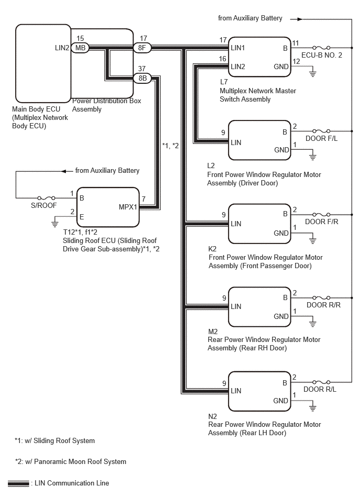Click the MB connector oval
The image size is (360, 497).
click(80, 48)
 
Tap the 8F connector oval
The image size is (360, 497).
click(142, 48)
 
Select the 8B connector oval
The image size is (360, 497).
click(142, 78)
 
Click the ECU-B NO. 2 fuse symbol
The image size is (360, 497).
click(321, 48)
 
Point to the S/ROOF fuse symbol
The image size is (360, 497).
click(47, 198)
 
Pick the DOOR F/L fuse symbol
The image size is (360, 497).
click(321, 131)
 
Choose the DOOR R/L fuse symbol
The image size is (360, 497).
click(321, 382)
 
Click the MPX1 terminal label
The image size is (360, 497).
click(128, 207)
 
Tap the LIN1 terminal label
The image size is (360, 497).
click(238, 48)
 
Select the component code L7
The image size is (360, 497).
click(223, 82)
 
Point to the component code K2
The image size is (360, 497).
click(212, 249)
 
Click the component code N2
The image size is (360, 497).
click(212, 416)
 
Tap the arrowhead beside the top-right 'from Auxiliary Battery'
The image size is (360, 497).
click(299, 19)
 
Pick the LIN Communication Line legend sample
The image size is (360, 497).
click(18, 484)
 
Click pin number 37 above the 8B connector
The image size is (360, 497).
click(142, 69)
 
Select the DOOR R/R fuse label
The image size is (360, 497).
click(323, 305)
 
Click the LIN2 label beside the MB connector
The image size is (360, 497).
click(62, 48)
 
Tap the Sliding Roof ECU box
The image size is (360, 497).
click(108, 207)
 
